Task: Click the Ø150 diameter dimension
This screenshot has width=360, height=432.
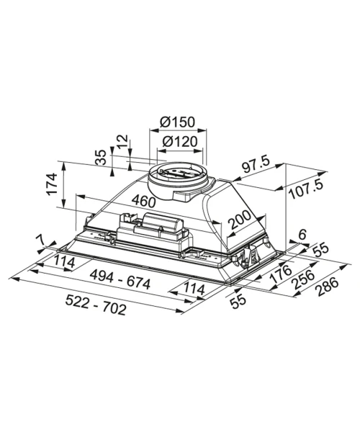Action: click(x=177, y=122)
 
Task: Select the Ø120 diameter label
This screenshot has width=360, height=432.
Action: click(x=180, y=141)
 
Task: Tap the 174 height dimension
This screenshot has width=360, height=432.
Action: click(x=52, y=184)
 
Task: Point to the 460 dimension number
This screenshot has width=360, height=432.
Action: click(x=143, y=201)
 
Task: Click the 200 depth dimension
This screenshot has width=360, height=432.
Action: click(x=239, y=220)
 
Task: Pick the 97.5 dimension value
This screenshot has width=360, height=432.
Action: click(x=255, y=166)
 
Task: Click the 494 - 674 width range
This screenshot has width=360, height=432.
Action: click(x=120, y=279)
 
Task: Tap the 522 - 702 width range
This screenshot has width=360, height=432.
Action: click(x=96, y=305)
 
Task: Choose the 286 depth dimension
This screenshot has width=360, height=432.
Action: click(x=328, y=287)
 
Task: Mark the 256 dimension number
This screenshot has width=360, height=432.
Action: click(x=304, y=279)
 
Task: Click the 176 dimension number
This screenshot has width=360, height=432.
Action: click(x=280, y=274)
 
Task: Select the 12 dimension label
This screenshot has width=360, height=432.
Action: click(x=123, y=141)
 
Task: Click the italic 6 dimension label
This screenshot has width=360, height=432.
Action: click(x=302, y=235)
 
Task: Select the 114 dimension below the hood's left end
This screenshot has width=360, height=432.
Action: click(x=64, y=261)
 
